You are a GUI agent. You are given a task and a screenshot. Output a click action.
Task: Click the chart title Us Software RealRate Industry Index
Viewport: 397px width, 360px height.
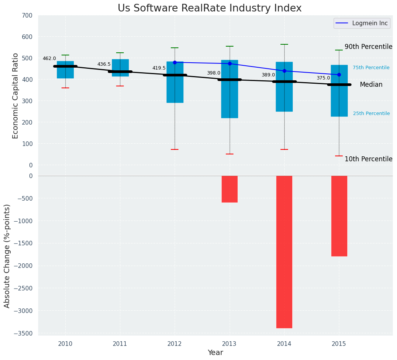click(209, 8)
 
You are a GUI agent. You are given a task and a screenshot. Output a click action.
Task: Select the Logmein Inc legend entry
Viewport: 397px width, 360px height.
click(361, 23)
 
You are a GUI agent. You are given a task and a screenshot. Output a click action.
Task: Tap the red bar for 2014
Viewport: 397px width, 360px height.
click(284, 251)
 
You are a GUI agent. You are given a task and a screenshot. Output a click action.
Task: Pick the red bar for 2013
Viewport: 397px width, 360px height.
click(230, 189)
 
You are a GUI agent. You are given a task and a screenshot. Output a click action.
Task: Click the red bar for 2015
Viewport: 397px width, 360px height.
click(339, 216)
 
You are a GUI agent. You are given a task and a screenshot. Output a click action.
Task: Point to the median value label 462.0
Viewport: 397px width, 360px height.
click(49, 59)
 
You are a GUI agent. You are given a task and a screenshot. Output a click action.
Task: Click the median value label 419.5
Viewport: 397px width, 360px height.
click(159, 68)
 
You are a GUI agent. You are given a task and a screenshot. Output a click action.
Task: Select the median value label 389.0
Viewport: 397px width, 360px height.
click(268, 75)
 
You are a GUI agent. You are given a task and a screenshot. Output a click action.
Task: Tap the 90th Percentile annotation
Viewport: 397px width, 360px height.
click(368, 47)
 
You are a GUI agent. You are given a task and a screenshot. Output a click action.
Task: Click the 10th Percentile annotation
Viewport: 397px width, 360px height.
click(368, 159)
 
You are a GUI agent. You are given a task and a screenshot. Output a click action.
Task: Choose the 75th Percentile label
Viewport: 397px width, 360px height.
click(371, 68)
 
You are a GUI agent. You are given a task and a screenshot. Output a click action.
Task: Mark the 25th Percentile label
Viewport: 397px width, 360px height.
click(371, 114)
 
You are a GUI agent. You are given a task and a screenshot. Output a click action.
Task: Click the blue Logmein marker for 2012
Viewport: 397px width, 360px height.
click(175, 62)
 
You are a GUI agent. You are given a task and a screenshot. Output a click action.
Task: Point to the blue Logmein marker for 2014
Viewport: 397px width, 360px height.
click(284, 71)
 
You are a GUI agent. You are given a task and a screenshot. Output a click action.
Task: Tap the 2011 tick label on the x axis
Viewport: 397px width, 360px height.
click(120, 344)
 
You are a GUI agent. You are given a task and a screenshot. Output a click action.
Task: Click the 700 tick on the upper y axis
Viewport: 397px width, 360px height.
click(27, 15)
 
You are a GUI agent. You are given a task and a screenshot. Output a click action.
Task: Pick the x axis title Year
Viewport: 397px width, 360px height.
click(216, 353)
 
